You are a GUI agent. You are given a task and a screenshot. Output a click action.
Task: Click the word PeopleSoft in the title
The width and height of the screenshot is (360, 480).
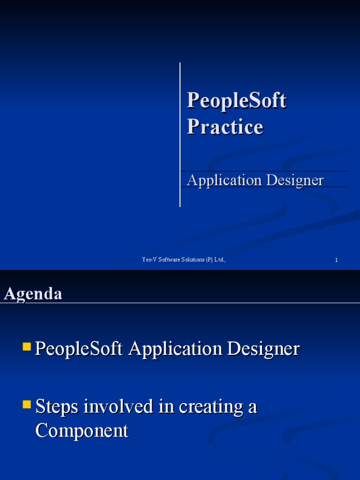[236, 101]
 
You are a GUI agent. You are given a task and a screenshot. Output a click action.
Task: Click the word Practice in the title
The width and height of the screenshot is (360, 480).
[225, 127]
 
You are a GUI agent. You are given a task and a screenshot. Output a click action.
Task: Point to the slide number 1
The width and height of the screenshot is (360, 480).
[336, 260]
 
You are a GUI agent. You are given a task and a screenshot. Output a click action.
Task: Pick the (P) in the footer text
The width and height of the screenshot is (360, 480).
[209, 260]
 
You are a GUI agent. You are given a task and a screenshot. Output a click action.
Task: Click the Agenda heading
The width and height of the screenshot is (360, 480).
[33, 294]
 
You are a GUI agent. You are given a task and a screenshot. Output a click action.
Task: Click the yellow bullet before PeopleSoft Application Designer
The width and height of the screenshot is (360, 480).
[27, 347]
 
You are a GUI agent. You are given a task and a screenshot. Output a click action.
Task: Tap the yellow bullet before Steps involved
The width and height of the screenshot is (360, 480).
[27, 404]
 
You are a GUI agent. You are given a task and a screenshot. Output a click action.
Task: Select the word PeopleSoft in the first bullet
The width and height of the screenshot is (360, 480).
[79, 349]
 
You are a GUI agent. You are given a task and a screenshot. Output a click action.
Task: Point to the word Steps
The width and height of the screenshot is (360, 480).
[57, 406]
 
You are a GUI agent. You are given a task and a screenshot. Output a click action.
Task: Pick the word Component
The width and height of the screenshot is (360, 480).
[82, 431]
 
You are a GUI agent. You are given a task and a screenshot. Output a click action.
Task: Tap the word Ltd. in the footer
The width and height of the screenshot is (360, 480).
[220, 260]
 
